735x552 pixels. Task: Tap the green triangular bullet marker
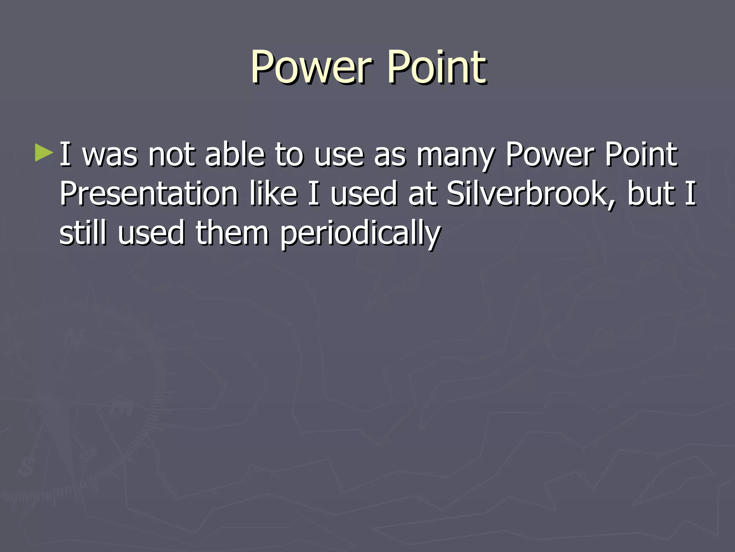click(44, 153)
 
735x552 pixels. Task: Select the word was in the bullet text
click(110, 155)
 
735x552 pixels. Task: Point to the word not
click(172, 155)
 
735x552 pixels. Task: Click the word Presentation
click(149, 194)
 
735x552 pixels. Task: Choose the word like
click(273, 194)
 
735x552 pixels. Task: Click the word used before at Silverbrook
click(363, 194)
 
